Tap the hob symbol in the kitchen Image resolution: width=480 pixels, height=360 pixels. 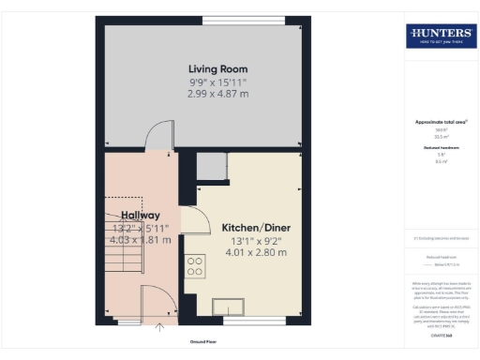point(196,266)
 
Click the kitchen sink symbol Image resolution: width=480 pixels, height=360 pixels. point(229,304)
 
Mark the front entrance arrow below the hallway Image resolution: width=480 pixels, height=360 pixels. point(158,327)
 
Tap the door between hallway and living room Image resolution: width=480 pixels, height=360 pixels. point(157,135)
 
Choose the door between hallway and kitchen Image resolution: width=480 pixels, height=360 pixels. point(194,222)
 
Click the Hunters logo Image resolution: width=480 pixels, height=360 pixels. point(440,37)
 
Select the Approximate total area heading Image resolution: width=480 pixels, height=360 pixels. point(440,123)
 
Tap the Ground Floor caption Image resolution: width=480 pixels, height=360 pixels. point(203,342)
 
